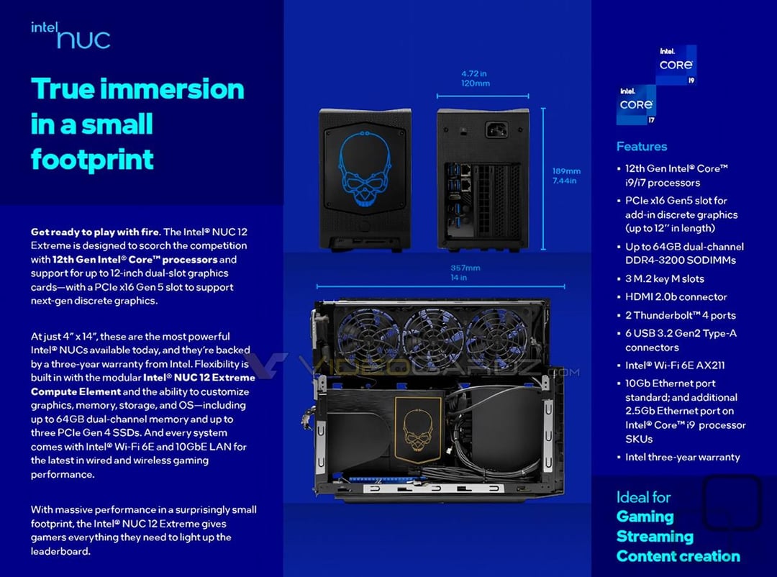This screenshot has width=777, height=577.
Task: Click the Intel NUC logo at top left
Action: pyautogui.click(x=71, y=35)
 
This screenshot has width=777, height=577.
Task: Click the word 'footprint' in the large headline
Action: pyautogui.click(x=92, y=159)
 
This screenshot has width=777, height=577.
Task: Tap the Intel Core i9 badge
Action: pyautogui.click(x=677, y=65)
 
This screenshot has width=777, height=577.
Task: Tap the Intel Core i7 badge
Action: pyautogui.click(x=637, y=104)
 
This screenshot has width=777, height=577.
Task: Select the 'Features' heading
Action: pyautogui.click(x=641, y=147)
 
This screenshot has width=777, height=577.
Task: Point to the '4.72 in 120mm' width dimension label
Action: pyautogui.click(x=476, y=78)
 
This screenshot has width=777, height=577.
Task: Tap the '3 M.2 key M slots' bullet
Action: pyautogui.click(x=664, y=278)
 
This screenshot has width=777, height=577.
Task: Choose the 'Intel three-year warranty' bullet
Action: pyautogui.click(x=682, y=457)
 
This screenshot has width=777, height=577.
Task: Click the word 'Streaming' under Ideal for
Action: pyautogui.click(x=655, y=537)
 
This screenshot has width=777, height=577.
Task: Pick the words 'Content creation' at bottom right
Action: pyautogui.click(x=678, y=556)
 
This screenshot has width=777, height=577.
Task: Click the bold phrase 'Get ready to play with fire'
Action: pyautogui.click(x=95, y=232)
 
